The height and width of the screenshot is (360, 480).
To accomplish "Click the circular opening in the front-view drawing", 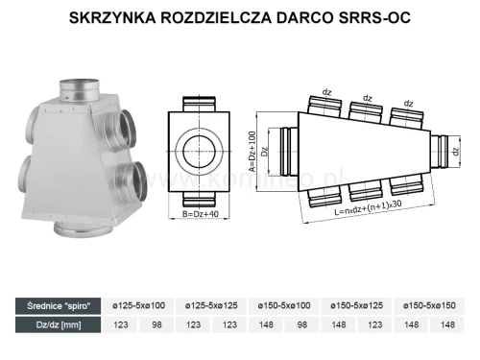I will click(199, 148).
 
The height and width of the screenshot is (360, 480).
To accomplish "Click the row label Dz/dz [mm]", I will click(54, 326).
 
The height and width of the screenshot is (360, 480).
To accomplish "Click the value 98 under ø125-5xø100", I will click(157, 326).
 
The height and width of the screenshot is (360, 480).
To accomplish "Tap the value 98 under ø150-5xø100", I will click(303, 326).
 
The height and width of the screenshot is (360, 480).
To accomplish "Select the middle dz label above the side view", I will click(367, 98).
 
